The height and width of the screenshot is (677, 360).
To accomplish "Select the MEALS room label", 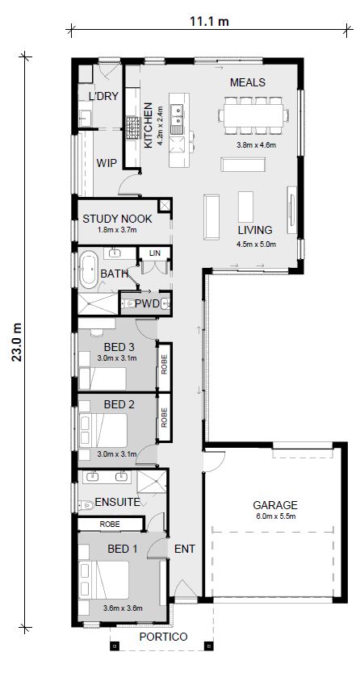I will pyautogui.click(x=248, y=82).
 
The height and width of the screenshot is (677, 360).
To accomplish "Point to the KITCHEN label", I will pyautogui.click(x=148, y=126).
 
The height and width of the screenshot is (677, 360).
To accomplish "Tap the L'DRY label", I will pyautogui.click(x=103, y=96).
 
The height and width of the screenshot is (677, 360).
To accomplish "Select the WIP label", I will pyautogui.click(x=107, y=162).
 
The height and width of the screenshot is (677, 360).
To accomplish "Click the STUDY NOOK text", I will pyautogui.click(x=118, y=219).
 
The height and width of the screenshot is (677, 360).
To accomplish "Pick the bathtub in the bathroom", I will pyautogui.click(x=87, y=270).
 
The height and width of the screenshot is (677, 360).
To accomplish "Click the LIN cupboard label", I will pyautogui.click(x=155, y=253).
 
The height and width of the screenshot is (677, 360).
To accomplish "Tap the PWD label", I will pyautogui.click(x=146, y=304).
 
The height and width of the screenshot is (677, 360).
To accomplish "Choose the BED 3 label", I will pyautogui.click(x=118, y=347).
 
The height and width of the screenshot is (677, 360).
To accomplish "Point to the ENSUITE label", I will pyautogui.click(x=118, y=502).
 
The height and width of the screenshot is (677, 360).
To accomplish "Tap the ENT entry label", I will pyautogui.click(x=185, y=549).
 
